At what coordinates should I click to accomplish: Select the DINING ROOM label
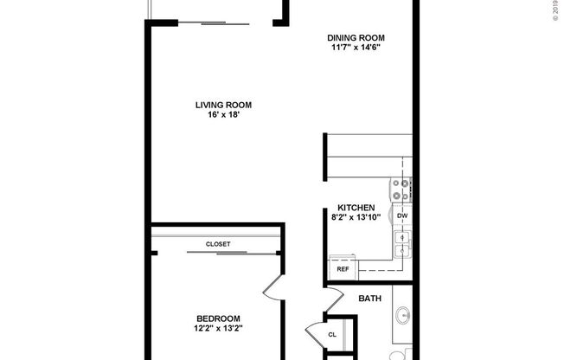[x=355, y=37]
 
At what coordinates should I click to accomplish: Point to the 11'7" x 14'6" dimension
[x=355, y=48]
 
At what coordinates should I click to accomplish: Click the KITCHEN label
[x=355, y=208]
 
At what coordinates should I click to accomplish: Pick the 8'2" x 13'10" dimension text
[x=355, y=218]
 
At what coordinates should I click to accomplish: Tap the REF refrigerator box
[x=342, y=269]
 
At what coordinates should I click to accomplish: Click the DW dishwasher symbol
[x=401, y=215]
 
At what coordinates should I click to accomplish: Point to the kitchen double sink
[x=401, y=243]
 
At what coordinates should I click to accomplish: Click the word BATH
[x=370, y=299]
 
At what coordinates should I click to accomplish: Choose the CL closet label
[x=332, y=335]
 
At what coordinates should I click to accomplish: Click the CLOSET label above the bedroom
[x=218, y=244]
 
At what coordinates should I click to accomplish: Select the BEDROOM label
[x=217, y=318]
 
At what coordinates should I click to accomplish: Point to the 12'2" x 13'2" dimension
[x=217, y=329]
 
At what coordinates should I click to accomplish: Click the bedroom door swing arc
[x=272, y=288]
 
